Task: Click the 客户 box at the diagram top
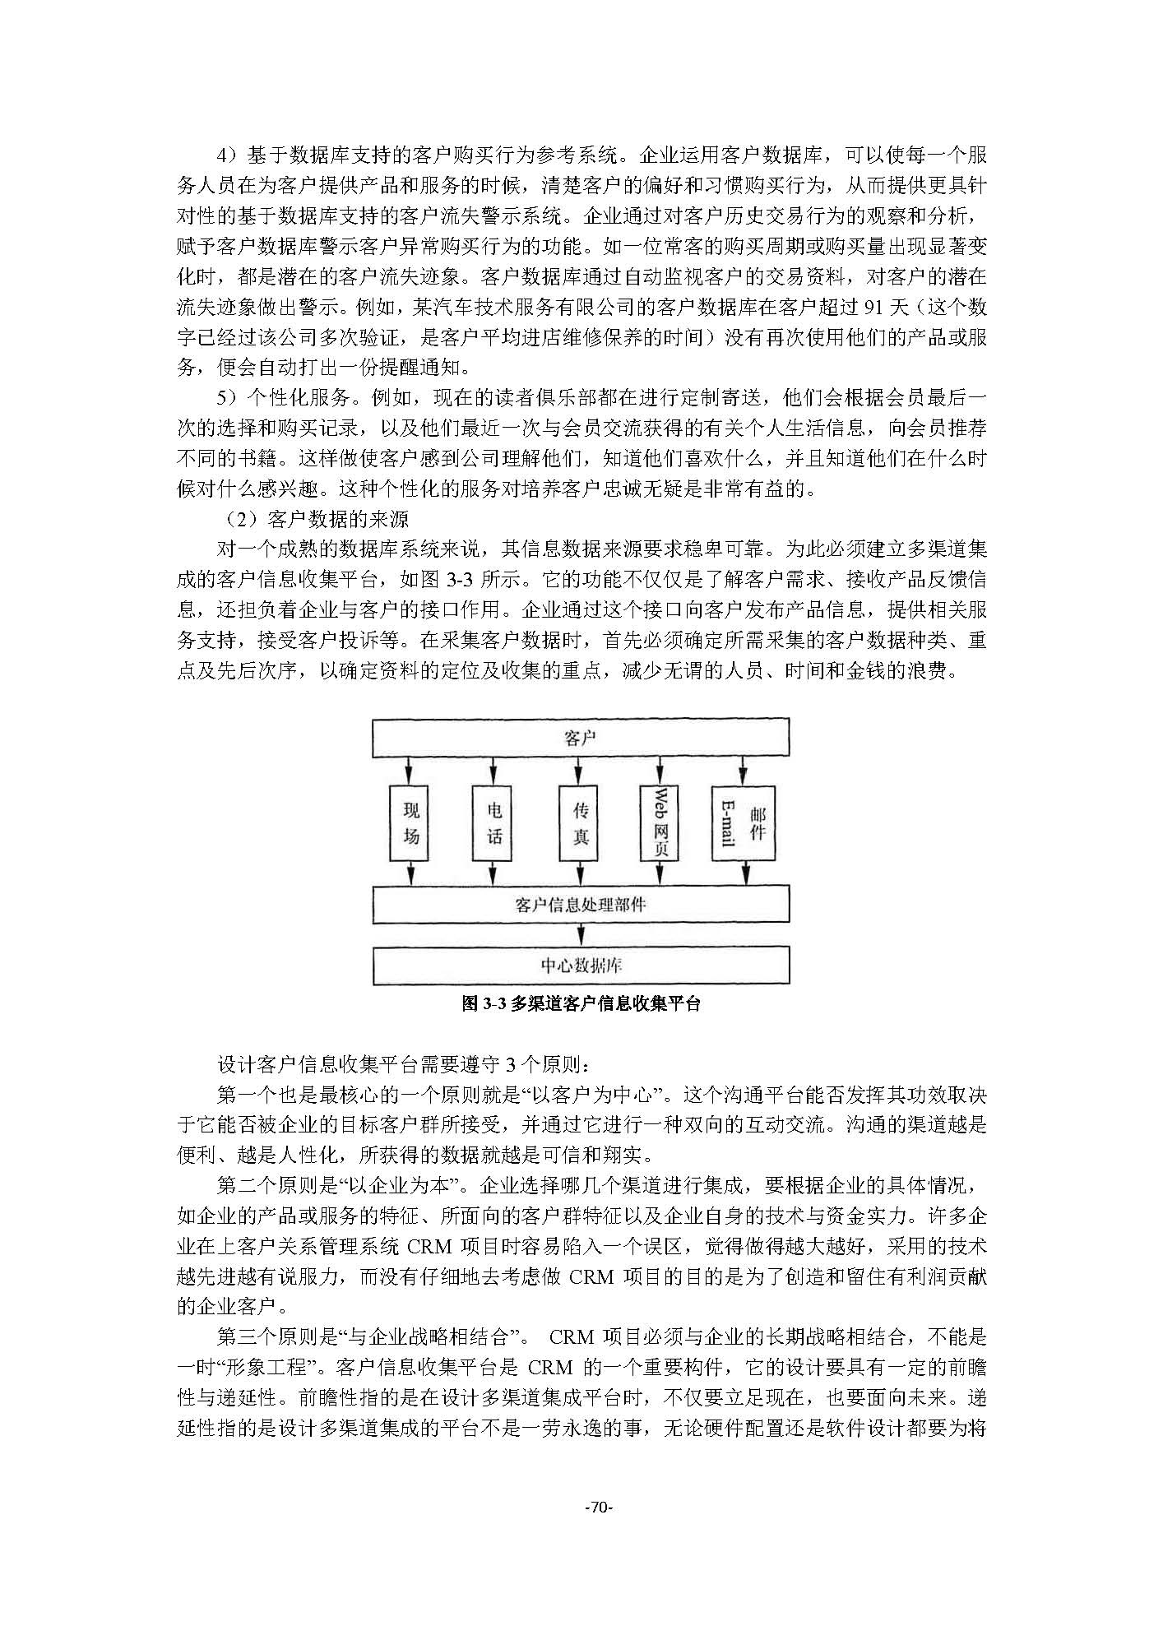click(581, 738)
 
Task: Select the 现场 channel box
click(411, 823)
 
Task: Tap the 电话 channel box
click(493, 823)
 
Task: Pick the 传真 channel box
click(581, 823)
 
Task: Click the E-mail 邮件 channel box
click(743, 823)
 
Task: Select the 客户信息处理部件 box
click(581, 905)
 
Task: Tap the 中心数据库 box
click(581, 965)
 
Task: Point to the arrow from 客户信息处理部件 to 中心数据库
click(581, 934)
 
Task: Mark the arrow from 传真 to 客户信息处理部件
click(581, 873)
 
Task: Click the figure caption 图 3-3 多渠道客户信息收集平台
click(581, 1004)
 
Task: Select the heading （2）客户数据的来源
click(317, 520)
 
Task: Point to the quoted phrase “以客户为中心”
click(612, 1095)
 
